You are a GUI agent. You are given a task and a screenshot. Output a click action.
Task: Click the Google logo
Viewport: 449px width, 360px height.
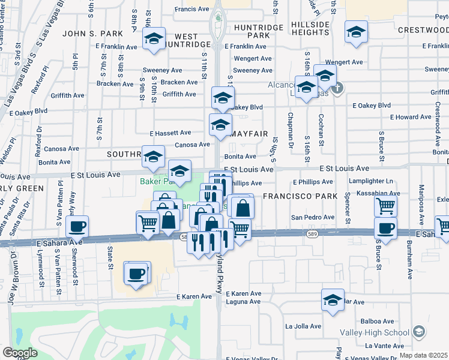pyautogui.click(x=20, y=352)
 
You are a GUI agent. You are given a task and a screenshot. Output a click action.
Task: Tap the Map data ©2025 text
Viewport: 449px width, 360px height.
pyautogui.click(x=424, y=355)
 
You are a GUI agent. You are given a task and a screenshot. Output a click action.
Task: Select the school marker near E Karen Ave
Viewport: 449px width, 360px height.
pyautogui.click(x=333, y=299)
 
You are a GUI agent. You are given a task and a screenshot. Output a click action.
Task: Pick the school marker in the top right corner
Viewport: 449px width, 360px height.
pyautogui.click(x=356, y=31)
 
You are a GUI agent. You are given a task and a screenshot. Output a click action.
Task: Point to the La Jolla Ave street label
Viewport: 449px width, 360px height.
pyautogui.click(x=303, y=327)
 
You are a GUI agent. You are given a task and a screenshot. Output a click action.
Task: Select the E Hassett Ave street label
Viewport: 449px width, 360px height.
pyautogui.click(x=170, y=133)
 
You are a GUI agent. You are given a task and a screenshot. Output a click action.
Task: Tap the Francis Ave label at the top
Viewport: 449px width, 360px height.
pyautogui.click(x=191, y=9)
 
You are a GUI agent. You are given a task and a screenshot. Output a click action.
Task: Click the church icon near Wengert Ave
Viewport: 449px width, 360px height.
pyautogui.click(x=337, y=89)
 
